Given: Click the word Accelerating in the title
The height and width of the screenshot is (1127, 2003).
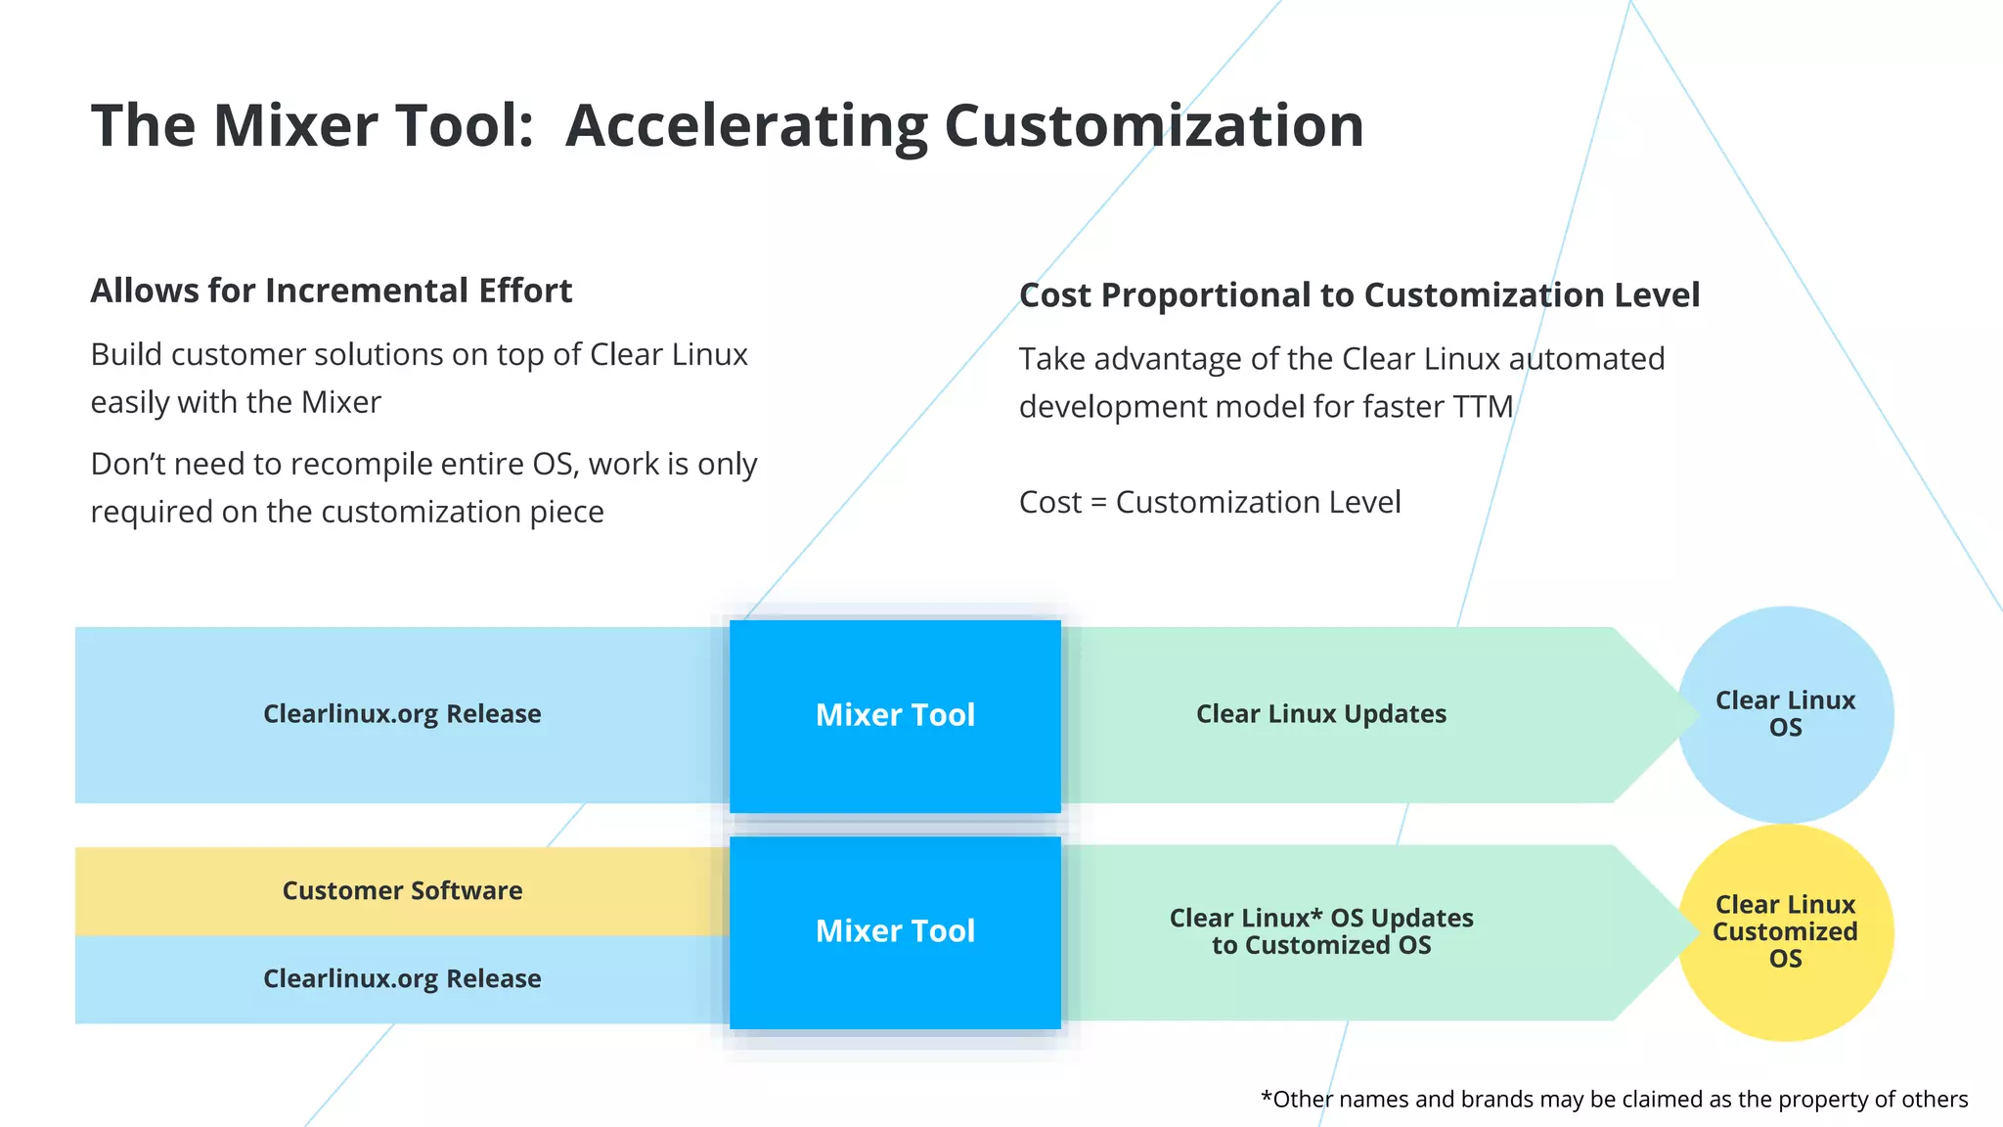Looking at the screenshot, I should tap(746, 127).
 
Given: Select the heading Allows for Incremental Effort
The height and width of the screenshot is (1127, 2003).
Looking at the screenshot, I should tap(331, 292).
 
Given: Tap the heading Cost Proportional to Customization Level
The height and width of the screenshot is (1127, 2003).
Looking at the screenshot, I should tap(1358, 295).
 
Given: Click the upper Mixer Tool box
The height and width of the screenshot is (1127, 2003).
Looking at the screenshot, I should tap(895, 715).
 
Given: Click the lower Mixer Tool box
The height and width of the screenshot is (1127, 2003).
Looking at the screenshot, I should tap(895, 931).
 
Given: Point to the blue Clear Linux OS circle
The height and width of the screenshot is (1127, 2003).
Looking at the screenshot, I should tap(1785, 714).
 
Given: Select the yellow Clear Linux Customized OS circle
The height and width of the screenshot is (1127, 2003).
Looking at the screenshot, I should tap(1785, 932).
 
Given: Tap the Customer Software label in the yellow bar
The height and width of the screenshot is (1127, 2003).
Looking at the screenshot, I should tap(402, 891).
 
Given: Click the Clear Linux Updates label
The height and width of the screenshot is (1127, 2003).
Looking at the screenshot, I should tap(1320, 714).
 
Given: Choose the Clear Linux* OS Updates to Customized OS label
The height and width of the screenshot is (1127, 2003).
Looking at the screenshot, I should tap(1320, 931).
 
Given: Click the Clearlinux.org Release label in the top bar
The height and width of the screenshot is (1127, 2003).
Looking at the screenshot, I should tap(402, 714).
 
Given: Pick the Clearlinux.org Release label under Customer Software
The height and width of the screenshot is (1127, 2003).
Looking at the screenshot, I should tap(402, 979).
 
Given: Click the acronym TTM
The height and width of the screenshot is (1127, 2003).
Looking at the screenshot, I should tap(1483, 407).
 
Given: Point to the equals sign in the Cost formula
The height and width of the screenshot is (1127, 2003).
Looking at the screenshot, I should tap(1098, 504).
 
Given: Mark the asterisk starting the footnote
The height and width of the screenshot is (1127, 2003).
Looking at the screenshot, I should tap(1267, 1098).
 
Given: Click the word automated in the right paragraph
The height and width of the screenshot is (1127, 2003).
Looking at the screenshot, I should tap(1586, 359).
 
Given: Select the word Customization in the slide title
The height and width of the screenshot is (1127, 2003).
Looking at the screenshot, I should tap(1153, 127).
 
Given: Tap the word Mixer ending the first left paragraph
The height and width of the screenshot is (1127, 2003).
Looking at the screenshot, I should tap(340, 403).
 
